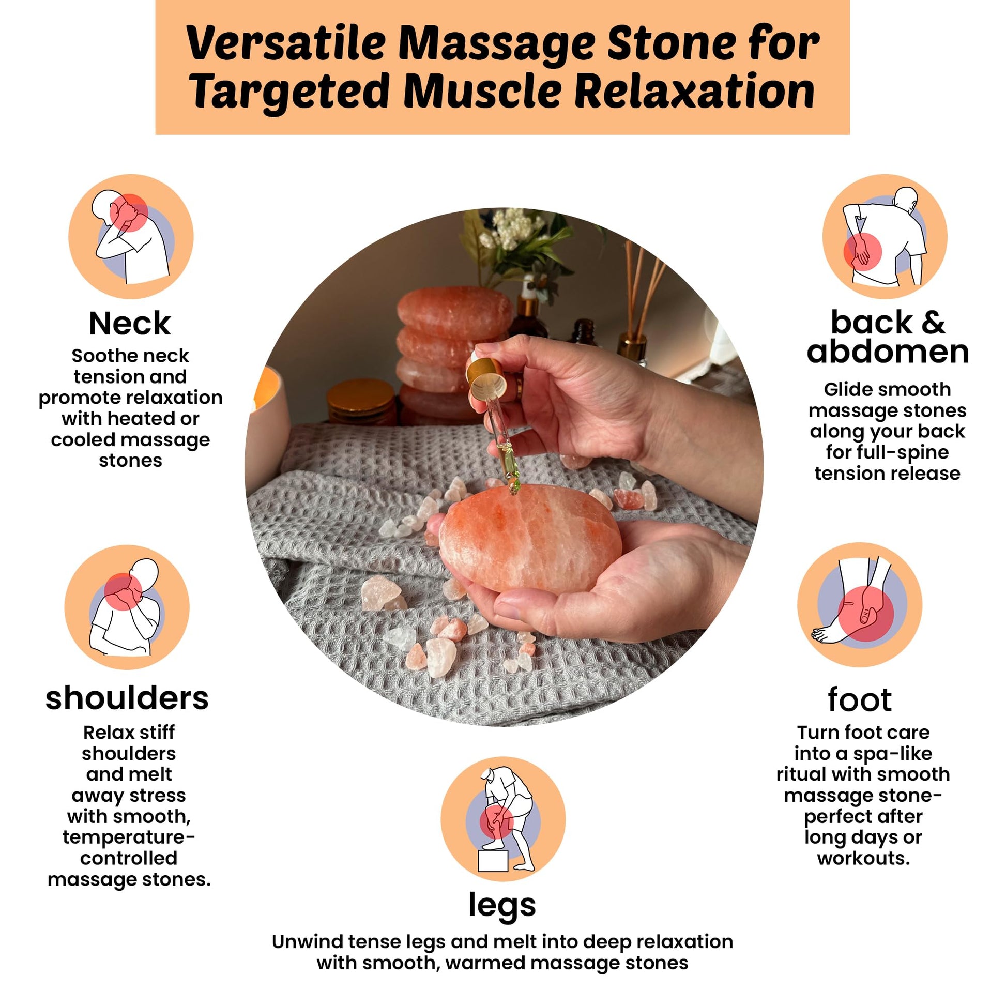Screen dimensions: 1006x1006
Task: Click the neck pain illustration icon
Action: tap(131, 236)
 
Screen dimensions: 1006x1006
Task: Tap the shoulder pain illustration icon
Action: tap(127, 607)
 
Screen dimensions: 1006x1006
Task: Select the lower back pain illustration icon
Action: tap(885, 236)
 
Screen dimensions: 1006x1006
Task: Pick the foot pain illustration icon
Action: tap(860, 604)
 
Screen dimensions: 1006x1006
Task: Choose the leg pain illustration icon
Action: tap(503, 819)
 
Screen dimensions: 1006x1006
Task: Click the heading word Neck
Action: tap(130, 324)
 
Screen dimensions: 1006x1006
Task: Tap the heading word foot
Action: tap(860, 699)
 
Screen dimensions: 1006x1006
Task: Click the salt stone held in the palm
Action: tap(530, 538)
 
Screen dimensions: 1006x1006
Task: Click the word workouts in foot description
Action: tap(863, 858)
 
